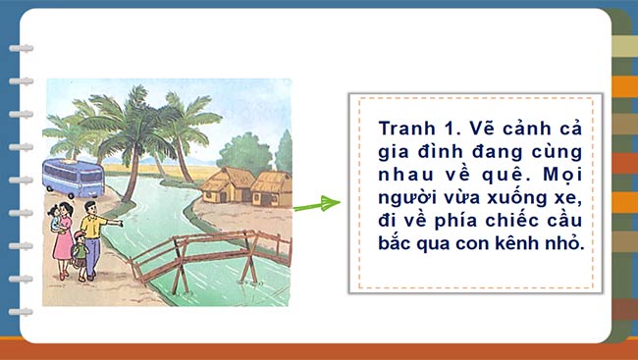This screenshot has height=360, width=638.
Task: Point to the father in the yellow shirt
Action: click(x=91, y=240)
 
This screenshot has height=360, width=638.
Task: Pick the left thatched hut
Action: click(x=228, y=182)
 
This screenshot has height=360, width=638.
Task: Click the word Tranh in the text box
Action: click(x=404, y=130)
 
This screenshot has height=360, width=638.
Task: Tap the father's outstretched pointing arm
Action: click(x=112, y=224)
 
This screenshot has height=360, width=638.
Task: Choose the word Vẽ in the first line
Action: click(x=480, y=130)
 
